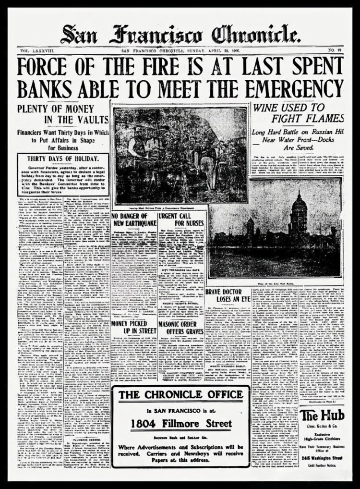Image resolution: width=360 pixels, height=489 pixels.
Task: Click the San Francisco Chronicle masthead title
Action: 180,35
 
